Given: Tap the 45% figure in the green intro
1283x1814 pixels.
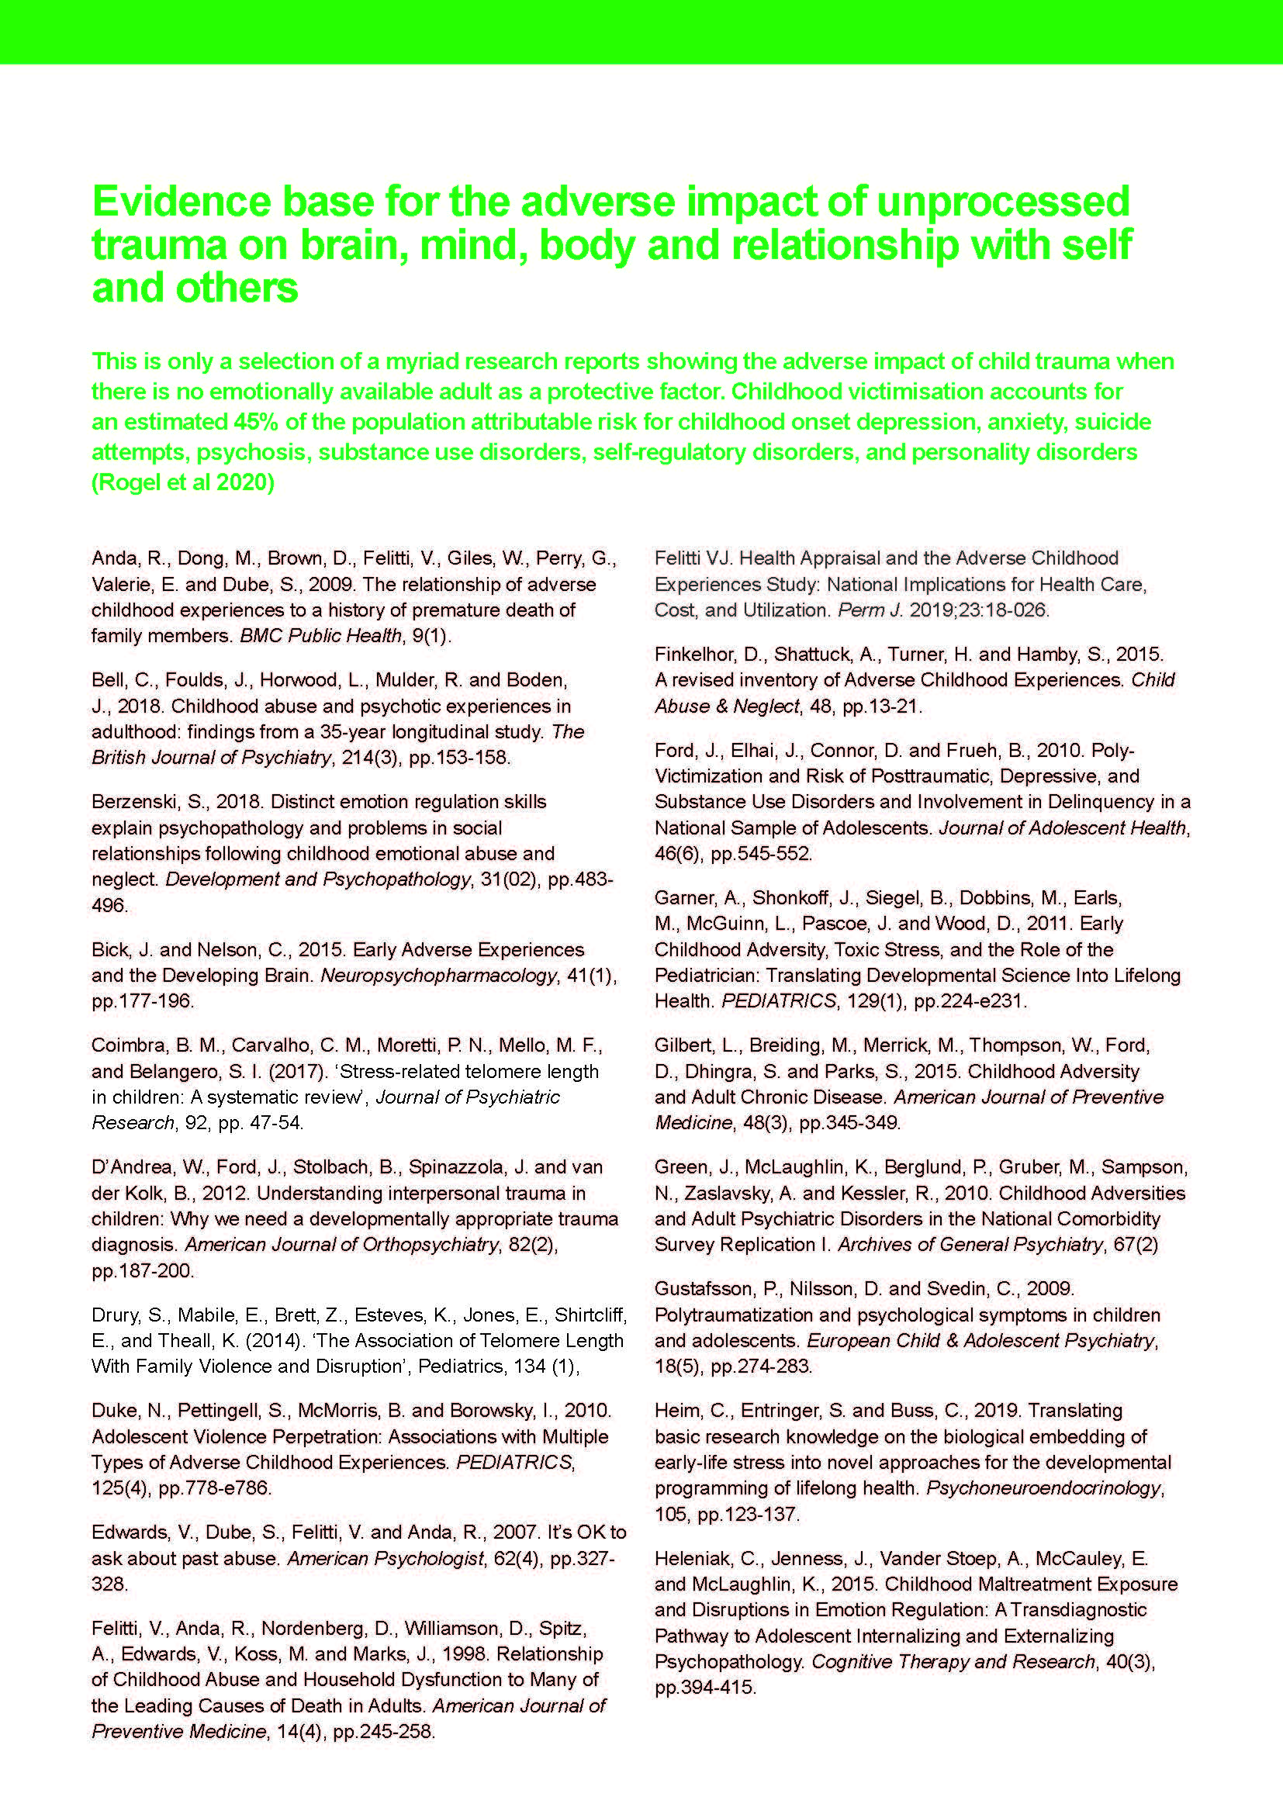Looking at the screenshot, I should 255,422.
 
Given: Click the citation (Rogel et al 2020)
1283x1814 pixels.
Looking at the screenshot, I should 183,482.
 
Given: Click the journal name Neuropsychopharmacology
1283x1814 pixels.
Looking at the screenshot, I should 438,976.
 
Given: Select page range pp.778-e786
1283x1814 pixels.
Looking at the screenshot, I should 215,1488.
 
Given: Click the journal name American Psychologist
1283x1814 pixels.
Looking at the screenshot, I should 385,1559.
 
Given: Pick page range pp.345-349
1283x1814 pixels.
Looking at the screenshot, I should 849,1123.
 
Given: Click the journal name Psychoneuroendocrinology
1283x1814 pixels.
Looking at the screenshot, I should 1043,1488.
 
